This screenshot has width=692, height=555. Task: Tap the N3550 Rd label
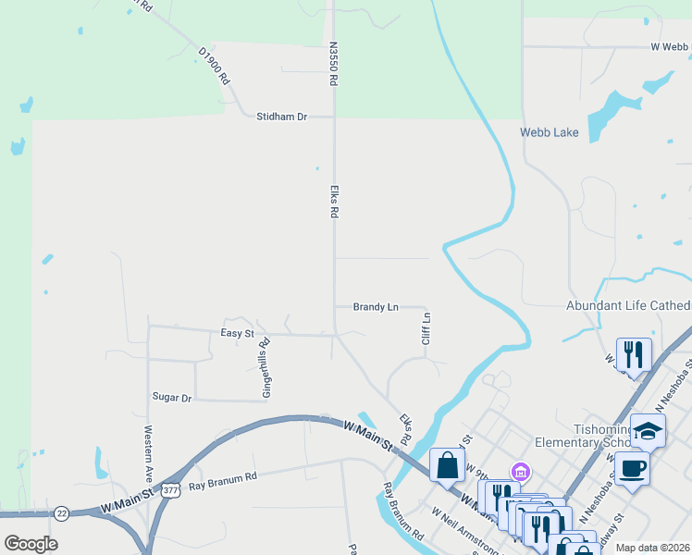point(330,63)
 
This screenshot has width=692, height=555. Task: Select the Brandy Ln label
point(376,307)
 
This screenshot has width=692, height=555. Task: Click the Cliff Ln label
point(426,328)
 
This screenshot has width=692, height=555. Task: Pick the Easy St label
point(237,333)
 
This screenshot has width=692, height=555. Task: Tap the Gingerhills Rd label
point(266,367)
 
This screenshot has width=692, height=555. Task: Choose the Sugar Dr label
point(171,397)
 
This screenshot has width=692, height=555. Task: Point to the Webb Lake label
point(549,133)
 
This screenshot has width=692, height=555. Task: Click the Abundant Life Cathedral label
point(628,306)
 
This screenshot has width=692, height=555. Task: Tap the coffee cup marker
point(634,468)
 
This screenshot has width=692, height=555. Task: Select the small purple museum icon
point(521,472)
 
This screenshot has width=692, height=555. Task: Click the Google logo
point(31,544)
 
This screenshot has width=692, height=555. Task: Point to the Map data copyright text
point(652,548)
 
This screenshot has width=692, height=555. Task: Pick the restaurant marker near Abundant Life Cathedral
point(634,354)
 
